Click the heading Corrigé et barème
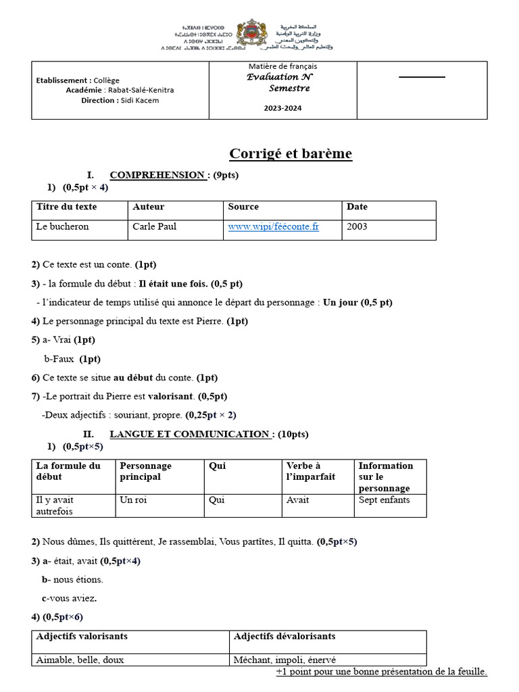291,153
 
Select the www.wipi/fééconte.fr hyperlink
273,227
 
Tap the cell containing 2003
357,227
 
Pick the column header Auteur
149,207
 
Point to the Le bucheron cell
62,227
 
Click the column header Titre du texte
66,207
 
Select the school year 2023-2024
282,108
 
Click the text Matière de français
282,66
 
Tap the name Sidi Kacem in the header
140,101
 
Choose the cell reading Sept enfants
384,500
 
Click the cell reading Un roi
133,500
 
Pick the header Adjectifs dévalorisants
284,637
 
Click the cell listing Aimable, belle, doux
80,660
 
